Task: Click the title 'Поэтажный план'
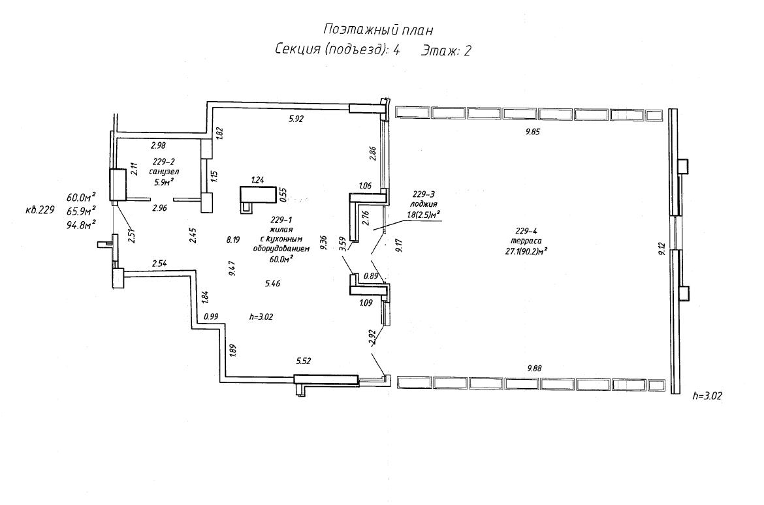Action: tap(378, 29)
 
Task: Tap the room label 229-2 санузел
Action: tap(163, 166)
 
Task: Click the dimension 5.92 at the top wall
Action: tap(297, 119)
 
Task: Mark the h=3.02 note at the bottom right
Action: tap(707, 395)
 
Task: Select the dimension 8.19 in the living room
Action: tap(234, 239)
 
